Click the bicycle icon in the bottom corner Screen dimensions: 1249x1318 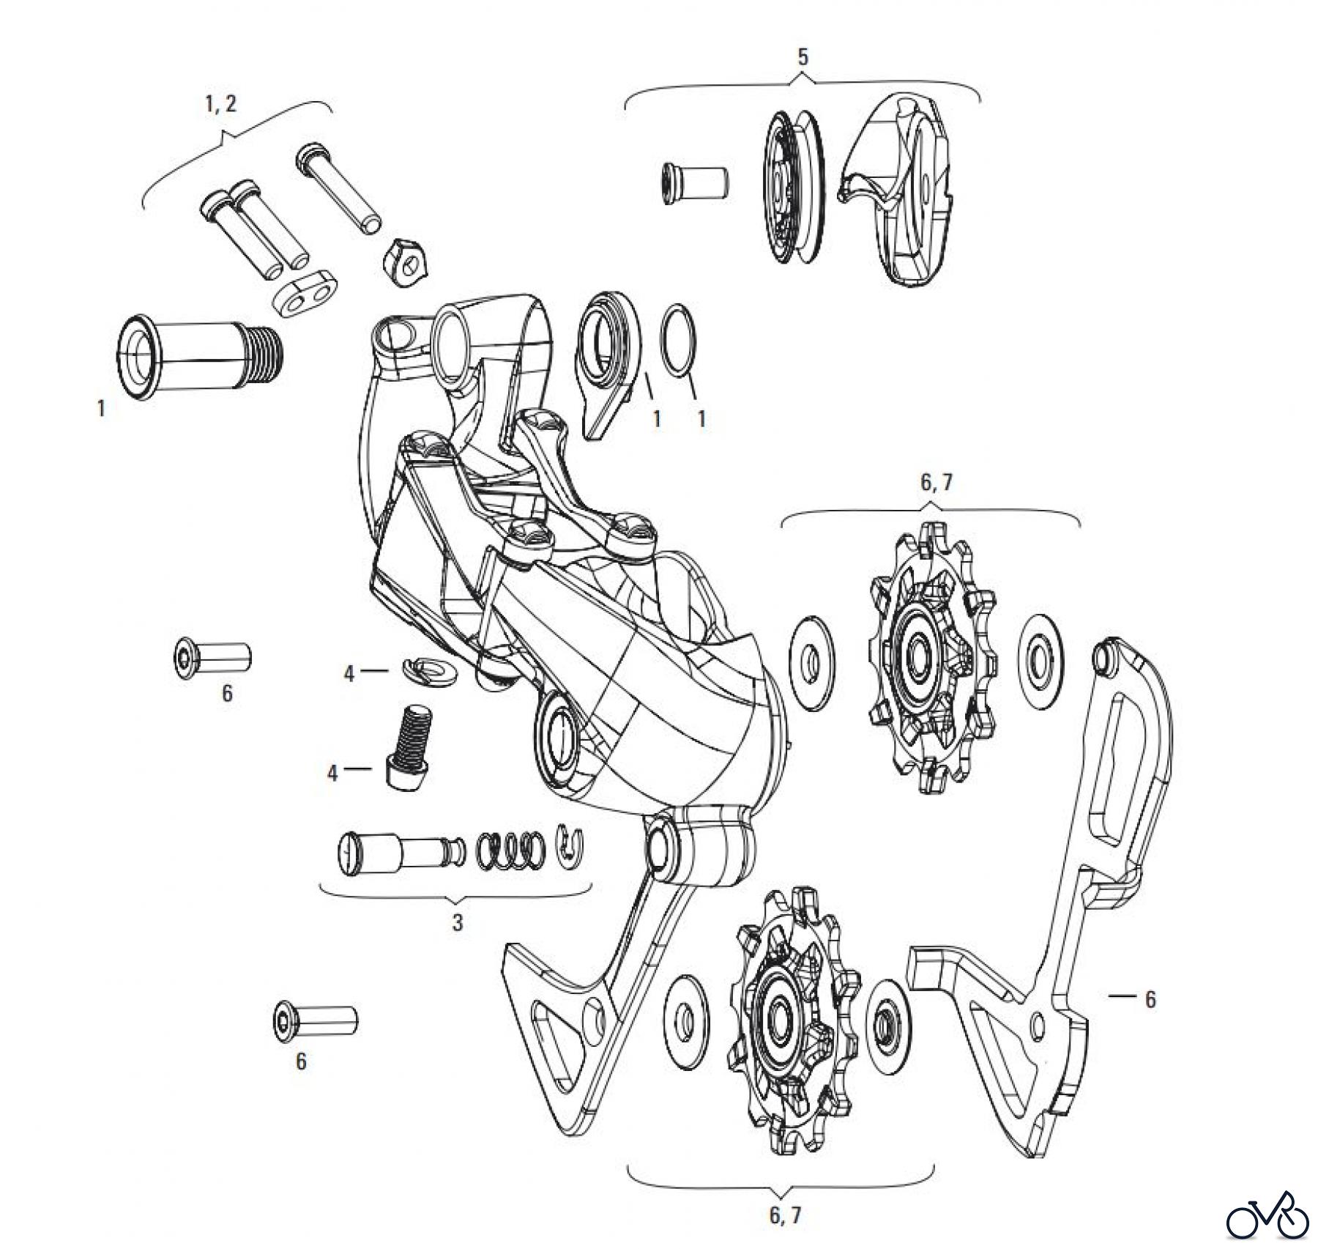[1267, 1218]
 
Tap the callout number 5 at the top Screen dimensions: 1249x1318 [803, 58]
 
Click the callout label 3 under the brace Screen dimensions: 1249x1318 [457, 922]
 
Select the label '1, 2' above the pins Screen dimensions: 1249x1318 [220, 104]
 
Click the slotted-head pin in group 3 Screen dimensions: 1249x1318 [399, 853]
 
